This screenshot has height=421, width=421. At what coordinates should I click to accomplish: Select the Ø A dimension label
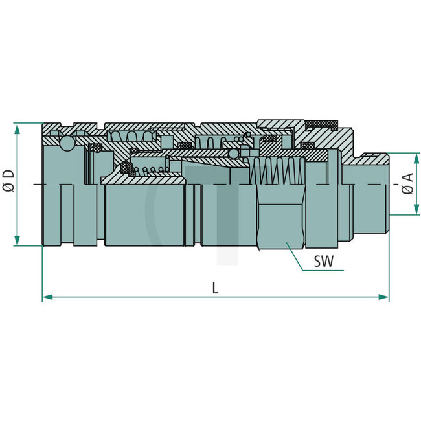click(407, 184)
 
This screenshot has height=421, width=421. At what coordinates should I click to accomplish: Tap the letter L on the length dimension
click(215, 288)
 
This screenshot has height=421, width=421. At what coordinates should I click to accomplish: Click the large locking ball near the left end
click(67, 144)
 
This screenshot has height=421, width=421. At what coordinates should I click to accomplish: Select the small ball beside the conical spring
click(233, 155)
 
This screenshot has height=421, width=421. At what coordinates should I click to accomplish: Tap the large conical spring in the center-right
click(279, 172)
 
